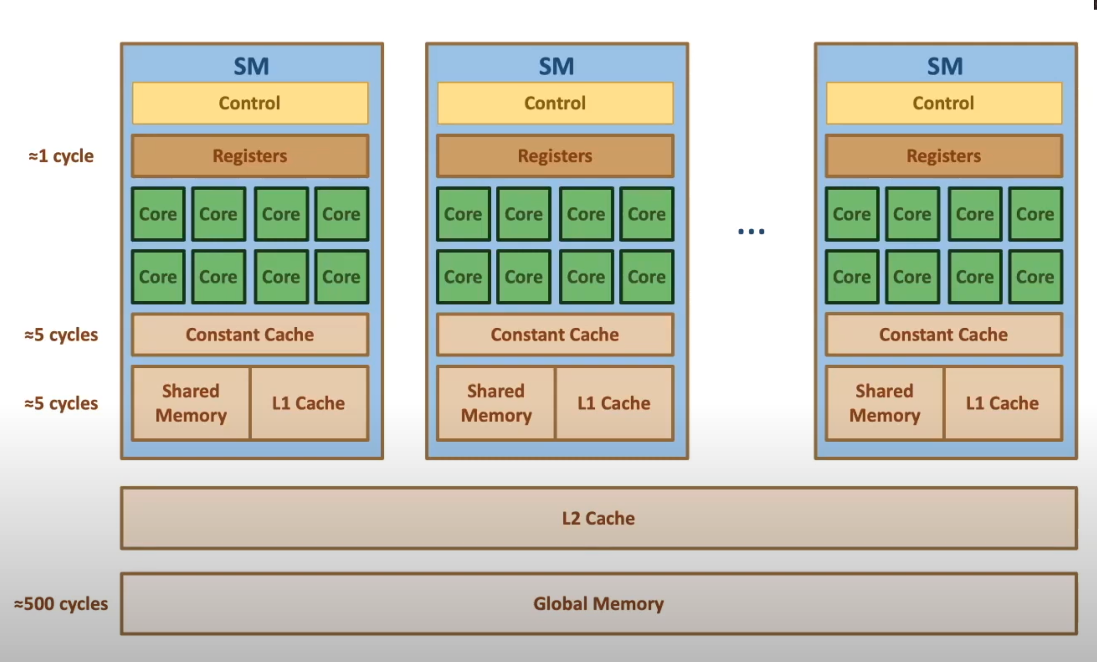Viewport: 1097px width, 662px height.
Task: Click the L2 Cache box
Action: [599, 518]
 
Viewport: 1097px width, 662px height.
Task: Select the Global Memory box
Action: [599, 604]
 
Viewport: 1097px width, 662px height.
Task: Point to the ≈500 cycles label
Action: [61, 604]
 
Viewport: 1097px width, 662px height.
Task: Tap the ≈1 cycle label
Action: [61, 156]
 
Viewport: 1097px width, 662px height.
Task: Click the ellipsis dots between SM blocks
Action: [751, 232]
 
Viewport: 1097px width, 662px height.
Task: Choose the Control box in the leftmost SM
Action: [250, 103]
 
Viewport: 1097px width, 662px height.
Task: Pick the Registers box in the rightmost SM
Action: [944, 156]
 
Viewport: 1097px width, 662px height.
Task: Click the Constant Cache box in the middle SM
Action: [555, 335]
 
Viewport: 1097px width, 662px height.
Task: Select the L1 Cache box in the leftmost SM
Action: [309, 403]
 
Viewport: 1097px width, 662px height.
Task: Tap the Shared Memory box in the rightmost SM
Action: [885, 403]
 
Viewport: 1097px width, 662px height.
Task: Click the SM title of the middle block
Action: [557, 66]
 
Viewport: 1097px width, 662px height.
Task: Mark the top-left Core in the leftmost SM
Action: [158, 214]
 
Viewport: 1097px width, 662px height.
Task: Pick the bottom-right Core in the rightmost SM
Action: [1035, 277]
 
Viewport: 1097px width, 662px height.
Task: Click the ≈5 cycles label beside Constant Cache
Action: [61, 335]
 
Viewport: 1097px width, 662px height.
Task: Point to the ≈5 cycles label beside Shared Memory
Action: [61, 403]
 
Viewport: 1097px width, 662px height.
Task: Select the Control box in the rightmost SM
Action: [944, 103]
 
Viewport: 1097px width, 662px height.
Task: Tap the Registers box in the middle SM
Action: [555, 156]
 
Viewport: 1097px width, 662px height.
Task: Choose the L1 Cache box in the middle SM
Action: [614, 403]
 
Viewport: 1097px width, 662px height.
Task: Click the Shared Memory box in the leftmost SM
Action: [191, 403]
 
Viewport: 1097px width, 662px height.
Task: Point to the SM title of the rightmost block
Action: [945, 66]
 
